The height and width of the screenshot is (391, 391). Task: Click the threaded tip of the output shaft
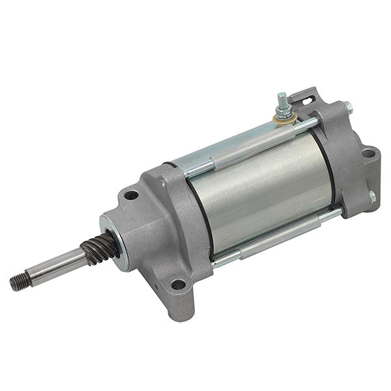tap(18, 283)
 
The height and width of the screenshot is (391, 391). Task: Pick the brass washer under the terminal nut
tap(285, 119)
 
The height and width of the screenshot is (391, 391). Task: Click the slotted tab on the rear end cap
tap(307, 96)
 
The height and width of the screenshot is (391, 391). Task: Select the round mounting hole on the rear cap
tap(369, 154)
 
